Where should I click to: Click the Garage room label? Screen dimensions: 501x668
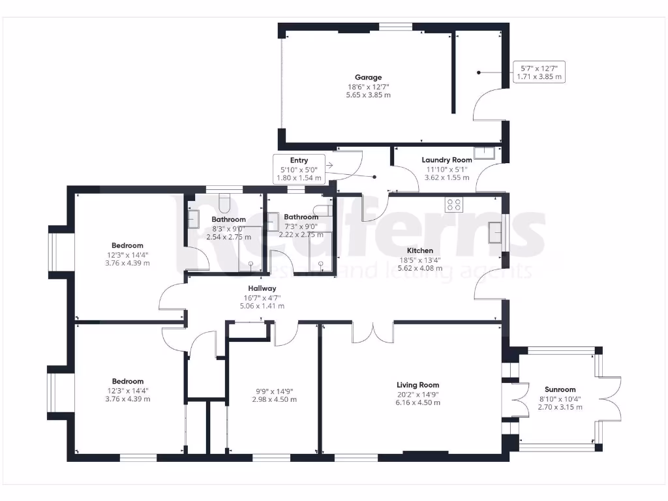(x=368, y=78)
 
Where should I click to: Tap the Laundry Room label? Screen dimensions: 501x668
(x=446, y=160)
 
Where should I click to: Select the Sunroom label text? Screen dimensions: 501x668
(x=560, y=389)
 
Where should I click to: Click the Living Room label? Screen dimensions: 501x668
(x=418, y=385)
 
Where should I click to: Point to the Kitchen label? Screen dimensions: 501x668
(x=419, y=250)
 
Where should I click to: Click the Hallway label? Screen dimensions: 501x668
(x=262, y=288)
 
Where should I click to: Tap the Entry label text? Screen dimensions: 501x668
(x=299, y=160)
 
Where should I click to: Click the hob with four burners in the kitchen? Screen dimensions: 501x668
(x=453, y=205)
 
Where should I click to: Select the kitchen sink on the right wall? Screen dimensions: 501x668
(x=494, y=232)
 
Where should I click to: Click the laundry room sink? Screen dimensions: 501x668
(x=485, y=154)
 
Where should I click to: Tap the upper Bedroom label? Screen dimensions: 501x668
(x=127, y=246)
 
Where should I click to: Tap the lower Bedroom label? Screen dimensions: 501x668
(x=127, y=382)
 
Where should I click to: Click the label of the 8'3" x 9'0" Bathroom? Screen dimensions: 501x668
(x=228, y=219)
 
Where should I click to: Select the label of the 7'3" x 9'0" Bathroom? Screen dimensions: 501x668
(x=301, y=217)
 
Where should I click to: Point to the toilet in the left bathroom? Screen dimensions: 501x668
(x=225, y=203)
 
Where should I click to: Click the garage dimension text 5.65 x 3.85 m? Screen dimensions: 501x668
(x=368, y=95)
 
